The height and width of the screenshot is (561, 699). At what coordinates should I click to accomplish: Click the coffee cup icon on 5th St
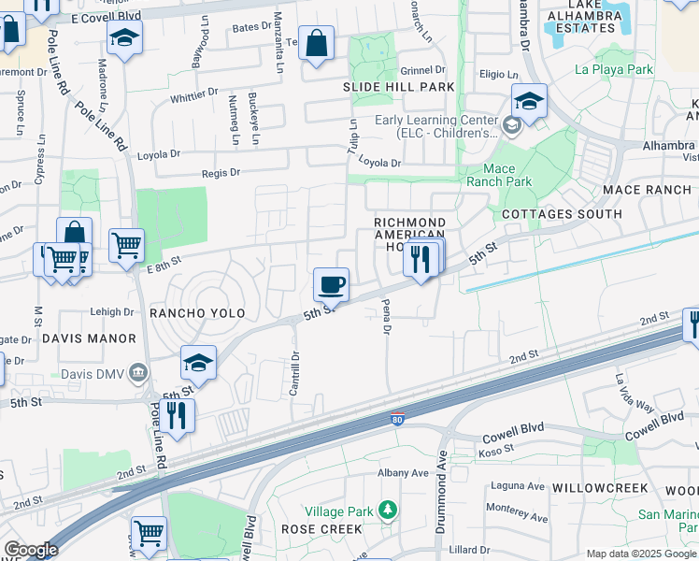pyautogui.click(x=331, y=283)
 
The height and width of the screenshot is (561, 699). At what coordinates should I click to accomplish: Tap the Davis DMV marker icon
pyautogui.click(x=139, y=373)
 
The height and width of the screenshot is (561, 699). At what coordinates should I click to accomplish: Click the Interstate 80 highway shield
pyautogui.click(x=398, y=421)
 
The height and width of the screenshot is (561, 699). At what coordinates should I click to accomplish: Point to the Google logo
pyautogui.click(x=30, y=550)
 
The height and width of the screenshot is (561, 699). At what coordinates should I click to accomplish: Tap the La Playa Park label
pyautogui.click(x=614, y=69)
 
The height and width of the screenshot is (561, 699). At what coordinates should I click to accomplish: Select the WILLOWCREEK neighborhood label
pyautogui.click(x=600, y=488)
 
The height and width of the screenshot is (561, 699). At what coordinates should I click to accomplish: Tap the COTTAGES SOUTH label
pyautogui.click(x=562, y=214)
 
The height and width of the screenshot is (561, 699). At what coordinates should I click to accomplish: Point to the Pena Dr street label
pyautogui.click(x=385, y=317)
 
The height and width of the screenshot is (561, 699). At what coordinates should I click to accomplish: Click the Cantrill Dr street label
pyautogui.click(x=293, y=372)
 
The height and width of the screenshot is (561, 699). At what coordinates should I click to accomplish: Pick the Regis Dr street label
pyautogui.click(x=221, y=172)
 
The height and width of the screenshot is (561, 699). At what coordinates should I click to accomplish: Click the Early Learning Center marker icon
pyautogui.click(x=511, y=125)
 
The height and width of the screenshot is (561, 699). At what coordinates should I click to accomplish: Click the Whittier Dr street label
pyautogui.click(x=194, y=95)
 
